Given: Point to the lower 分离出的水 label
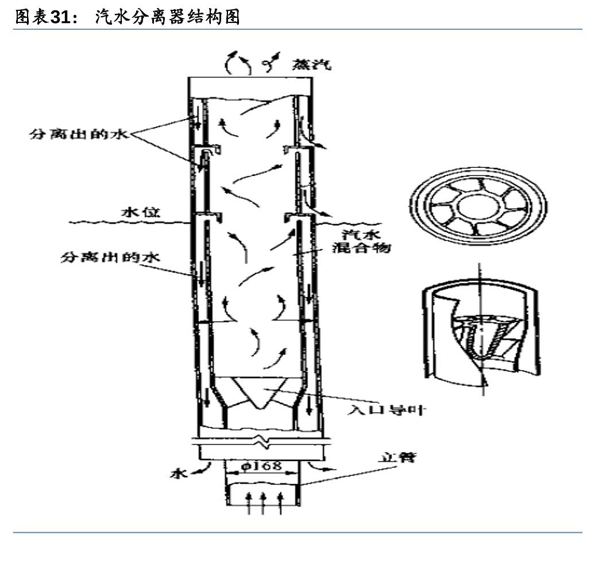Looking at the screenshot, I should tap(110, 258).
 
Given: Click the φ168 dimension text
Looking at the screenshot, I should tap(262, 466).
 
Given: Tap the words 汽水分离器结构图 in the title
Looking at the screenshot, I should tap(166, 17).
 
